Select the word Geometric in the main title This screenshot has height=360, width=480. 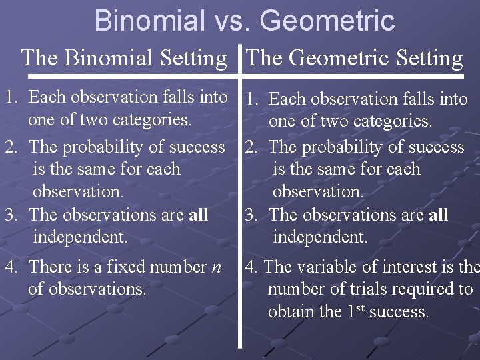coord(327,21)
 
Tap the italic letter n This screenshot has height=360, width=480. coord(216,267)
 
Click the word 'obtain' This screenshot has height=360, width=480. coord(289,311)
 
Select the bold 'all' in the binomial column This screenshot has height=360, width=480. coord(198,215)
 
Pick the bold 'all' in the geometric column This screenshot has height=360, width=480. coord(438,215)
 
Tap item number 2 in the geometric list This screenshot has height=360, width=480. coord(251,147)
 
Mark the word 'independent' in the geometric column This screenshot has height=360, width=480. coord(320,237)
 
